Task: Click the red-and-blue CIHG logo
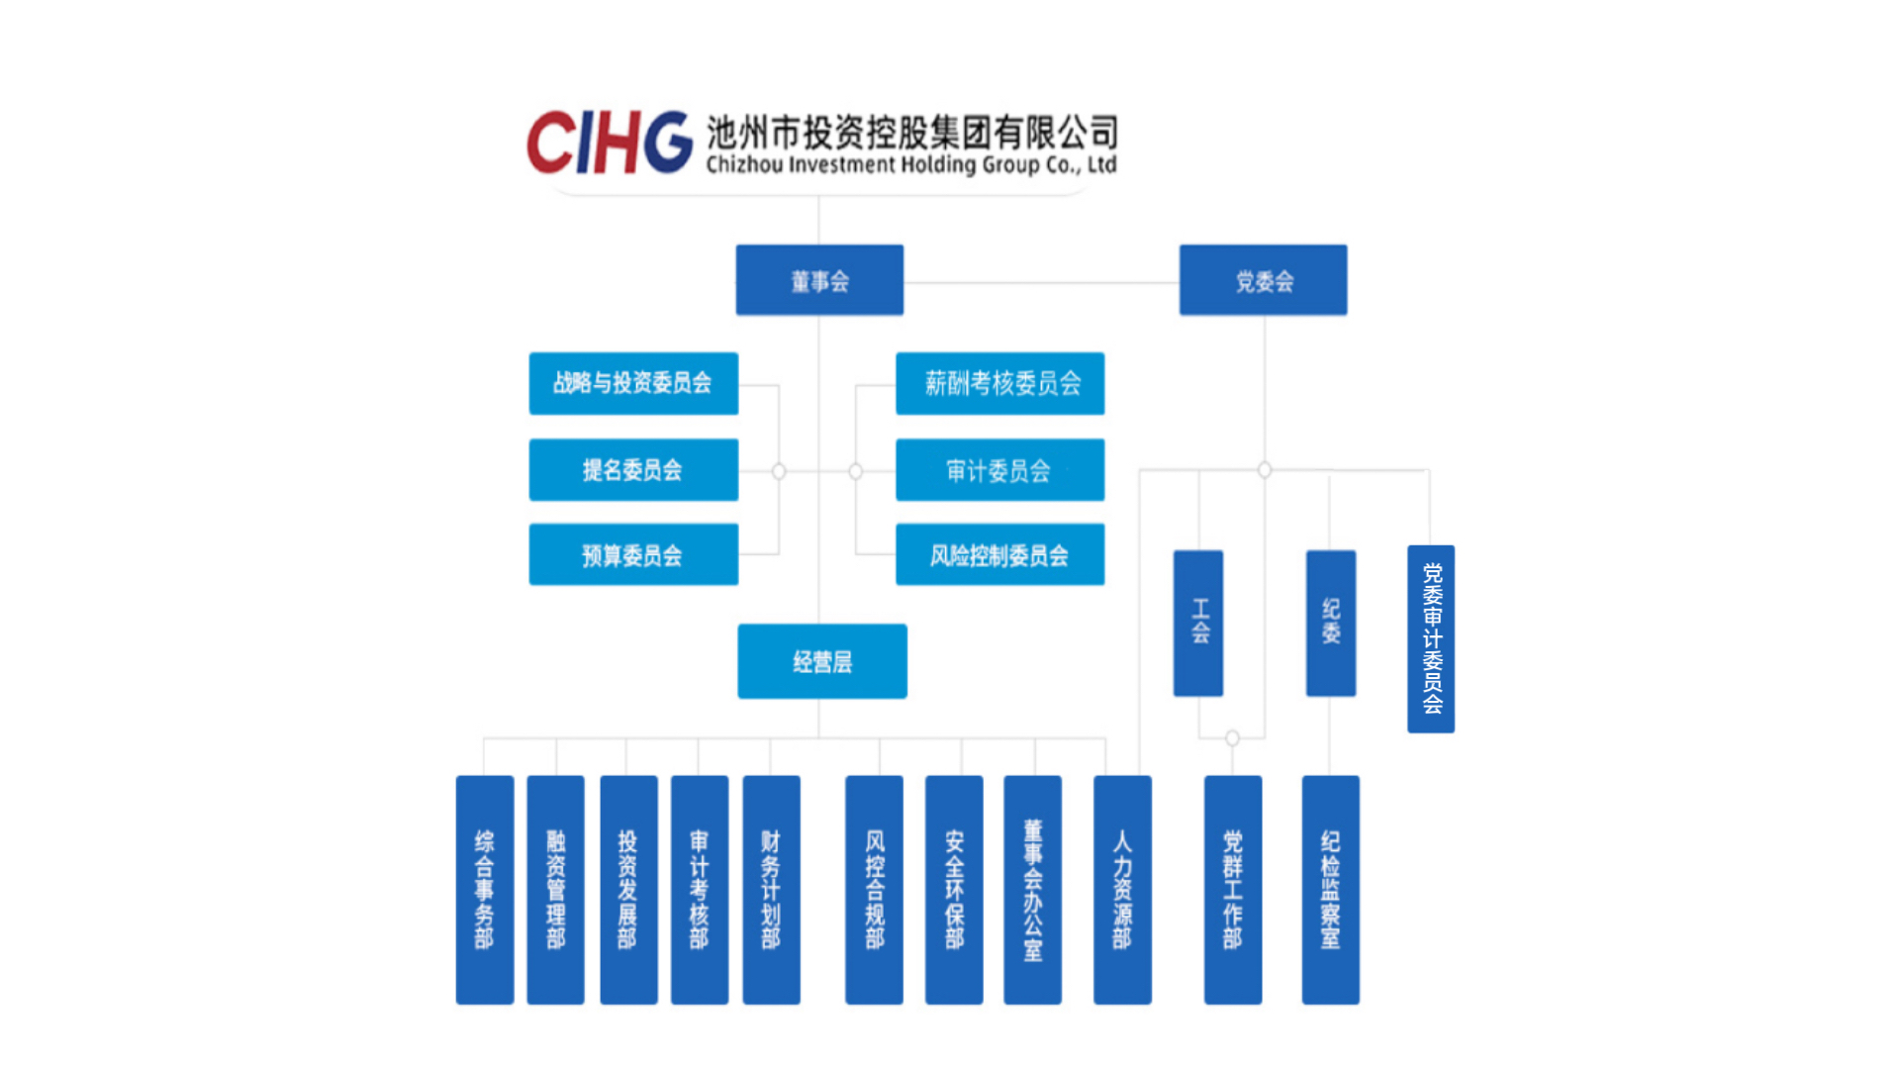(x=609, y=143)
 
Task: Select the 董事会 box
(x=819, y=281)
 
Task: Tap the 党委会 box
(x=1263, y=281)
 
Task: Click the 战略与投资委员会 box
(x=633, y=383)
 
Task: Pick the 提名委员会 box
(x=633, y=470)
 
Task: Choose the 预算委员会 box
(x=633, y=555)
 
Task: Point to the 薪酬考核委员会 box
(x=999, y=383)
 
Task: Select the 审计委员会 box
(x=999, y=470)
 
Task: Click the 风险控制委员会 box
(x=999, y=555)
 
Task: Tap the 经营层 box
(x=822, y=661)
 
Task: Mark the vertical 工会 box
(x=1198, y=624)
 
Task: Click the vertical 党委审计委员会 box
(x=1431, y=639)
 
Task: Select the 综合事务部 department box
(x=485, y=890)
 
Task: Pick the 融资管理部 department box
(x=555, y=890)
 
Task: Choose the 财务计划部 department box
(x=771, y=890)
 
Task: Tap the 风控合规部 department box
(x=874, y=890)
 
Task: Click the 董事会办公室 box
(x=1032, y=890)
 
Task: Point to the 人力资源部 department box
(x=1122, y=890)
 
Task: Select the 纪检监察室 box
(x=1330, y=890)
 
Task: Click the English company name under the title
(x=910, y=165)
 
